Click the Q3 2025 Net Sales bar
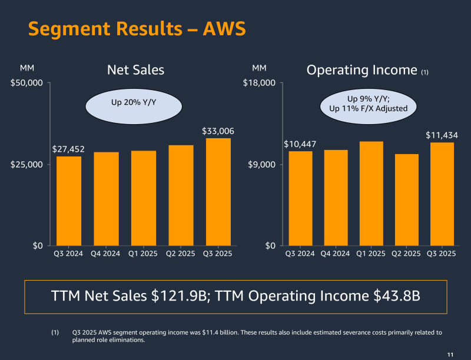[x=218, y=192]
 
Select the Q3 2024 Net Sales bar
[x=69, y=201]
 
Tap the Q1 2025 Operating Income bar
[x=371, y=194]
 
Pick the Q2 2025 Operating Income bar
[x=406, y=199]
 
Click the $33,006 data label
[x=218, y=131]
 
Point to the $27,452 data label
[x=68, y=149]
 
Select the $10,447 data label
[x=300, y=144]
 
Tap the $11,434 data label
[x=442, y=135]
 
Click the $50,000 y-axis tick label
[x=27, y=83]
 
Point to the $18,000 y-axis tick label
[x=260, y=83]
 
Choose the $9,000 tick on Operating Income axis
[x=262, y=164]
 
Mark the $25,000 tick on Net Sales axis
[x=27, y=164]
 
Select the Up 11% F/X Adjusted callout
[x=368, y=108]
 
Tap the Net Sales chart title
[x=135, y=70]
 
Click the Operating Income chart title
[x=363, y=70]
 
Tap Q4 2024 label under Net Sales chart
[x=106, y=254]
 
